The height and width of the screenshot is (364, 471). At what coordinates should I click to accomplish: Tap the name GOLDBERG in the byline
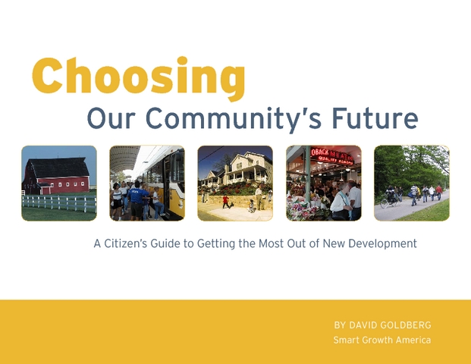point(405,325)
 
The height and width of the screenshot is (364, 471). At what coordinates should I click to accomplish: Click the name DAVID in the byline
point(363,325)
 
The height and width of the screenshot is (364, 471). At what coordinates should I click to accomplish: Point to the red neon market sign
point(332,155)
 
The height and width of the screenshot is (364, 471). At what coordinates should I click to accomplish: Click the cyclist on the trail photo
point(389,196)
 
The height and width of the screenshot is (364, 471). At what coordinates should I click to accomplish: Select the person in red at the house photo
point(225,202)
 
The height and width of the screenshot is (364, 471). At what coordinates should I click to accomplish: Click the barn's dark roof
point(59,168)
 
